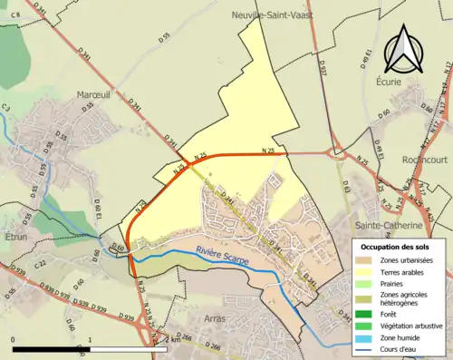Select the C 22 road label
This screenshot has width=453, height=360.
[x=40, y=263]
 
